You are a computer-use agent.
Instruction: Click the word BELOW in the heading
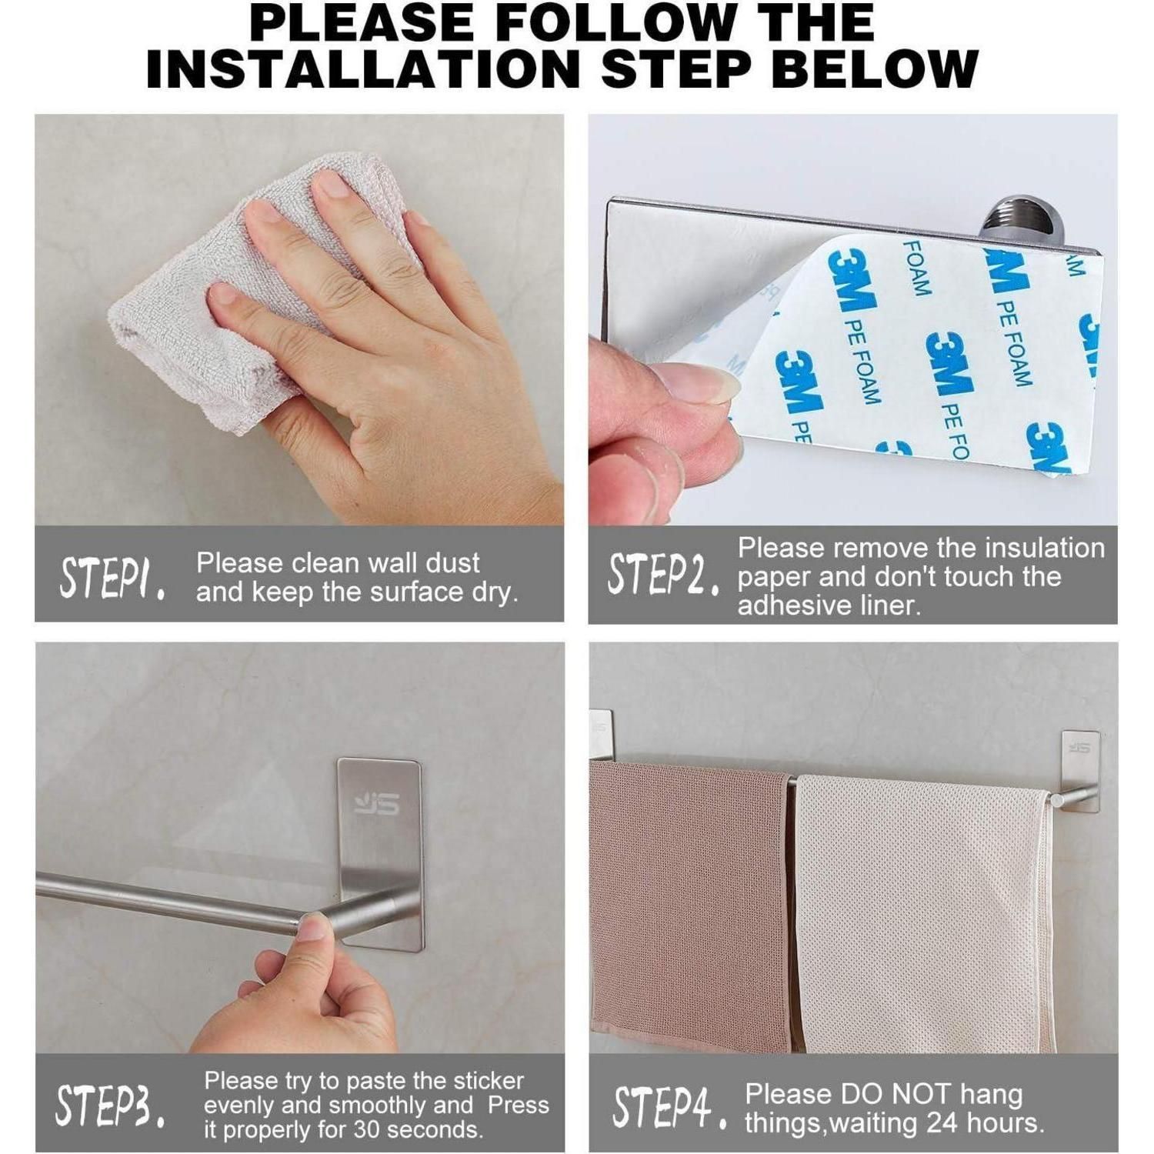coord(875,69)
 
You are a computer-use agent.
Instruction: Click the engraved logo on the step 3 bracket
coord(377,804)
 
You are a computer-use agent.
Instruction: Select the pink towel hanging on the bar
coord(690,904)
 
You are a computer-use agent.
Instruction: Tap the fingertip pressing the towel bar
coord(314,927)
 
